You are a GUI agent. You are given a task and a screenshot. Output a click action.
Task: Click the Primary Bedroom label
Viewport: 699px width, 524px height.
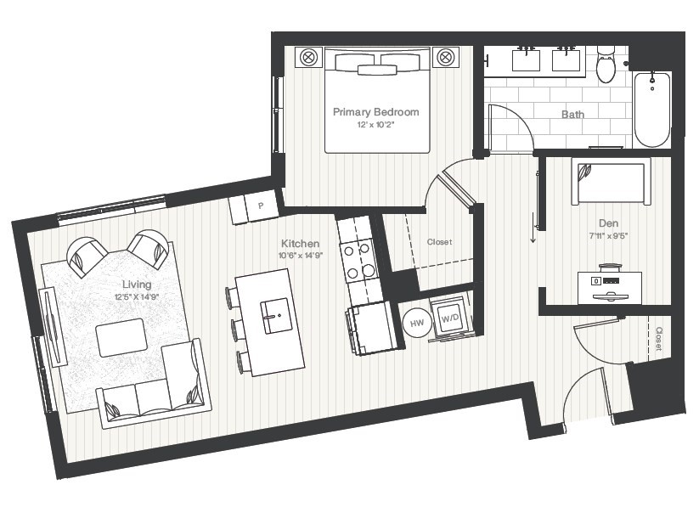(x=375, y=112)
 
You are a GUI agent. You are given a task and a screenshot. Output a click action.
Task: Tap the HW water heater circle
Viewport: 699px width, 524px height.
(x=417, y=323)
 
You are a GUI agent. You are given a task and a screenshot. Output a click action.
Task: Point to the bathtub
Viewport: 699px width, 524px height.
(x=652, y=109)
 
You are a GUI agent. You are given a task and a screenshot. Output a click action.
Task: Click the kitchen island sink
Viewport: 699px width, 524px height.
(x=274, y=317)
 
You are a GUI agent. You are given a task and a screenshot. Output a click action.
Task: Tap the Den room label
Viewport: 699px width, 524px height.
(x=606, y=224)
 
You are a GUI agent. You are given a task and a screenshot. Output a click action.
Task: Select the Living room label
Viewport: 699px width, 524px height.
(x=136, y=285)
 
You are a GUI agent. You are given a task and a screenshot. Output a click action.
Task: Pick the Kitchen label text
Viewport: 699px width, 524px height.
(x=300, y=244)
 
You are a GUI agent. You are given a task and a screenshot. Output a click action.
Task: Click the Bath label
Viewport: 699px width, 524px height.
(x=572, y=114)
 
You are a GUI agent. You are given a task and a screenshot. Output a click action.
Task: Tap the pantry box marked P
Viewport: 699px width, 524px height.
(x=261, y=206)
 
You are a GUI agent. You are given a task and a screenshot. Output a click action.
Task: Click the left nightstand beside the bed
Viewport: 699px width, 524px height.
(x=307, y=58)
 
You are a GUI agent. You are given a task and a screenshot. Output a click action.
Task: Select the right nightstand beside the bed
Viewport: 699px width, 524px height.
(x=446, y=58)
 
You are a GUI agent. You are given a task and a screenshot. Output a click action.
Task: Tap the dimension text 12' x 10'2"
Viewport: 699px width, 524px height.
(x=375, y=125)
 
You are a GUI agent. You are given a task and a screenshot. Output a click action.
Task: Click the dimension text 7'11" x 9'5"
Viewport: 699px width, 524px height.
(x=606, y=237)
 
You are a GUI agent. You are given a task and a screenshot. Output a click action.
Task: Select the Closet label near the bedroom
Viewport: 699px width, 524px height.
(x=439, y=242)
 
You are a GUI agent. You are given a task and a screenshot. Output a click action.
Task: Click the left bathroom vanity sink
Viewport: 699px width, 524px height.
(x=525, y=59)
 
